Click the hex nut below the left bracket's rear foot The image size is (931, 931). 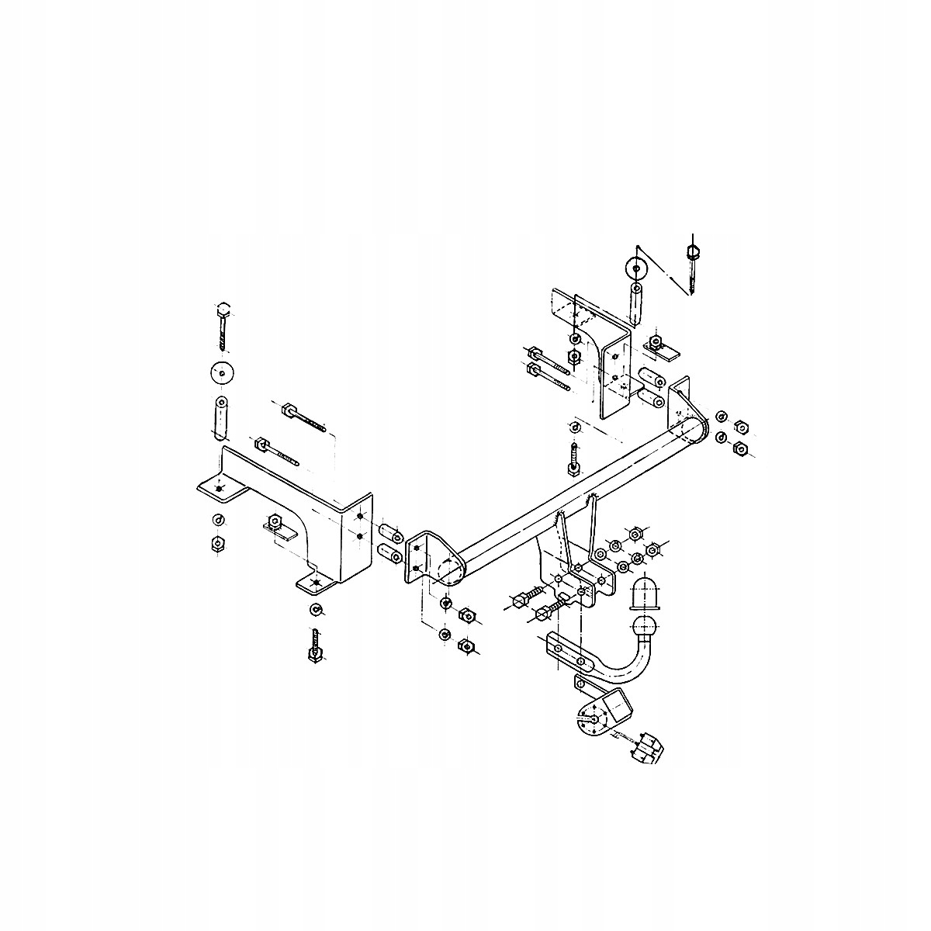click(218, 543)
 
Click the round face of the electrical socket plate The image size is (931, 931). click(589, 720)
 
